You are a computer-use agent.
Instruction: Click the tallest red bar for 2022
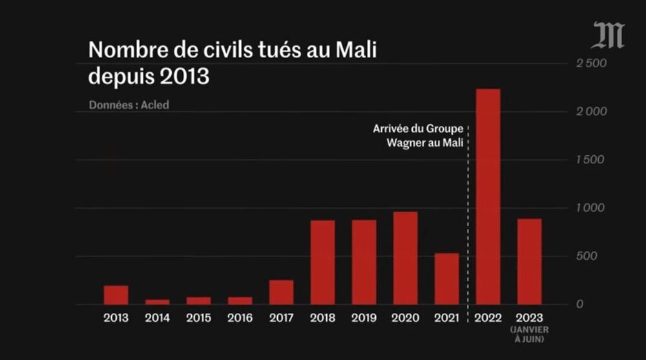tap(488, 196)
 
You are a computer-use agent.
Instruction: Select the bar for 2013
tap(116, 295)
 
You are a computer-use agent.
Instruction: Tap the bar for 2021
tap(446, 279)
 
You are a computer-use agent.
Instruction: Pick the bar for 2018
tap(322, 262)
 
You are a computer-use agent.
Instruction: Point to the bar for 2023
tap(529, 261)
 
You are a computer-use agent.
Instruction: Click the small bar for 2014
tap(157, 302)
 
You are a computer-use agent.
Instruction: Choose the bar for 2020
tap(405, 258)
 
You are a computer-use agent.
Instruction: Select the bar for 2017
tap(281, 292)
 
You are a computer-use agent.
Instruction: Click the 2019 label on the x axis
tap(364, 318)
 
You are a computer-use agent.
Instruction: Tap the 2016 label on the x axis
tap(240, 318)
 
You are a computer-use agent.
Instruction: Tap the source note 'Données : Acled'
tap(128, 105)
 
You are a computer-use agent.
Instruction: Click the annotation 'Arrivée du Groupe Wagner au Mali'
tap(418, 136)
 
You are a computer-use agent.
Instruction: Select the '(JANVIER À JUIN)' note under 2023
tap(529, 334)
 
